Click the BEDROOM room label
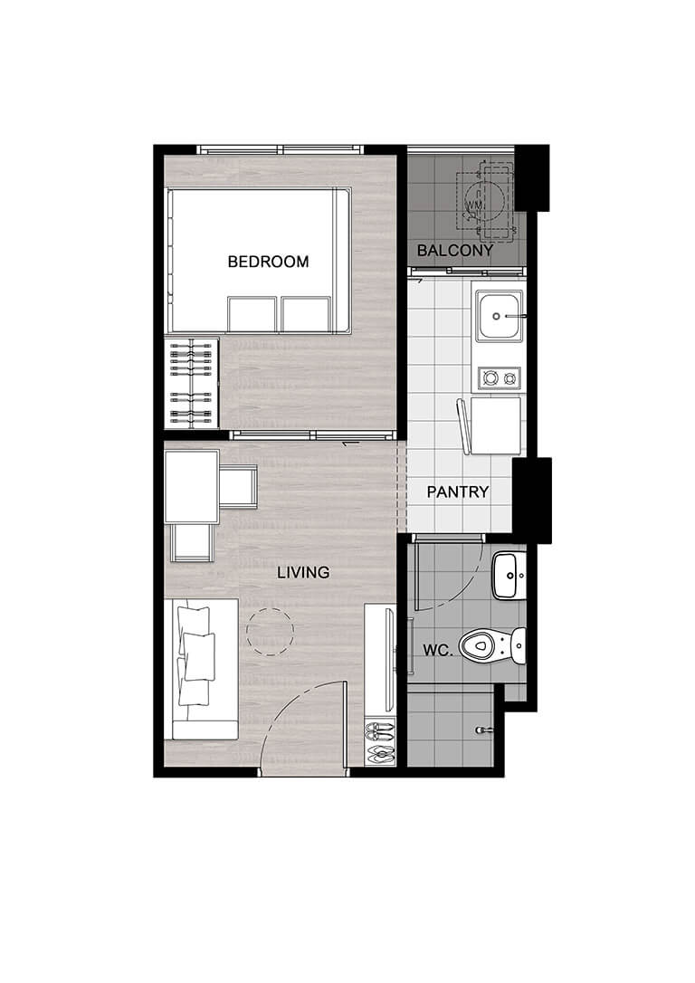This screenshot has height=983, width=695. click(x=268, y=262)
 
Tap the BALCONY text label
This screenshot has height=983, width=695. click(x=455, y=251)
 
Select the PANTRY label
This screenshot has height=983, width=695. click(x=458, y=492)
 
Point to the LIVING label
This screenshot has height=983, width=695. click(x=303, y=572)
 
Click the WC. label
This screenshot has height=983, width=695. click(x=437, y=650)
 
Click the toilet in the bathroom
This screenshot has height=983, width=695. click(x=492, y=645)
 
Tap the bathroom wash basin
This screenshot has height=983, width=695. click(x=509, y=576)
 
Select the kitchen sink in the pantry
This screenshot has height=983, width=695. click(x=499, y=317)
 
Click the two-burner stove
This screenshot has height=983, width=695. click(x=500, y=378)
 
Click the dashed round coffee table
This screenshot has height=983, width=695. click(x=270, y=632)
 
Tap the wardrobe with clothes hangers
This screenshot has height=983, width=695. click(x=192, y=383)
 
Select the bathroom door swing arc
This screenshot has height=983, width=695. click(x=461, y=589)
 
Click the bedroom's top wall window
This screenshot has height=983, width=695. click(x=281, y=150)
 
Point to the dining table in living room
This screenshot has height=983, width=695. click(x=192, y=486)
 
